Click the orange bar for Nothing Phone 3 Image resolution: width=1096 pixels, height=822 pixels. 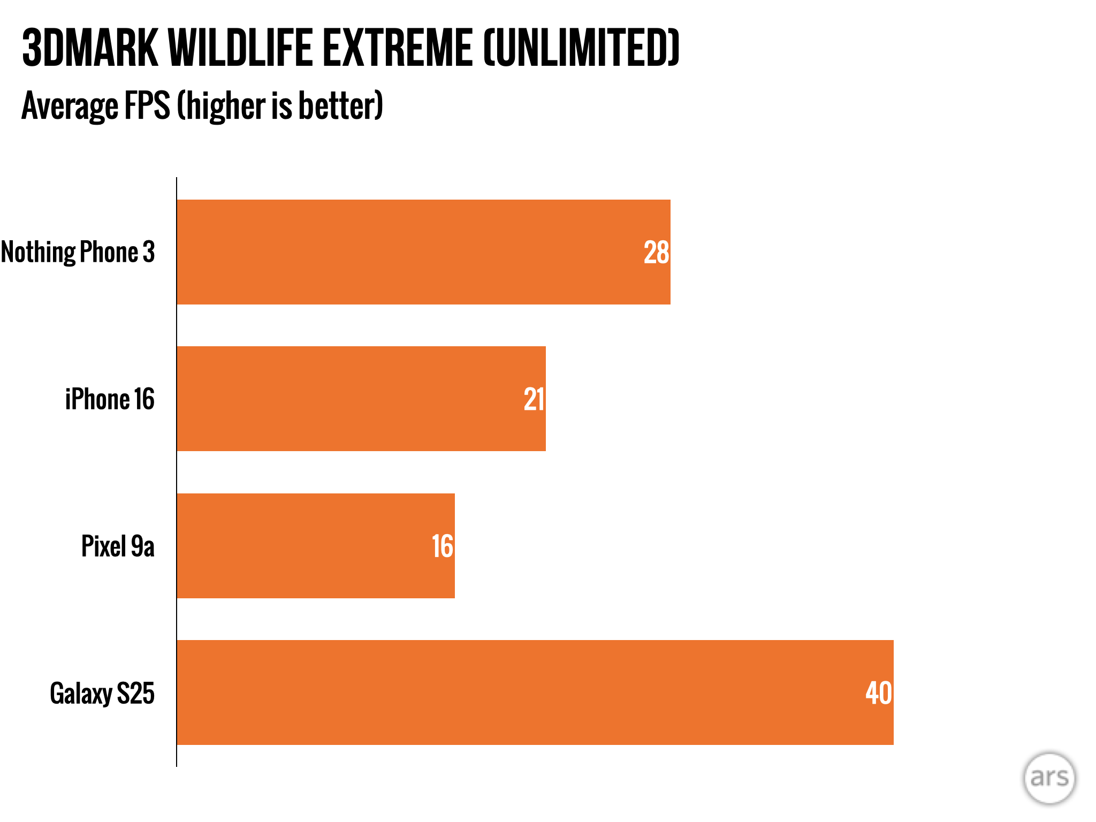point(407,252)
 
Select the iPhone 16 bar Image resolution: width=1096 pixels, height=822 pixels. point(348,399)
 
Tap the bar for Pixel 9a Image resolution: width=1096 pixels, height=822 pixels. point(305,546)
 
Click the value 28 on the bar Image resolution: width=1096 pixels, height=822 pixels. point(656,253)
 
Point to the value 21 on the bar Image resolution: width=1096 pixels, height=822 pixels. point(534,399)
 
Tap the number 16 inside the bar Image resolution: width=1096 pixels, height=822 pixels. point(443,546)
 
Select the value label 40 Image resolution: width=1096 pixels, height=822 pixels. point(879,693)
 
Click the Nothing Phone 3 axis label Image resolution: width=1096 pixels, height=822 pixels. point(78,252)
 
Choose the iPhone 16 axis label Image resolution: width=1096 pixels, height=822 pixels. point(110,399)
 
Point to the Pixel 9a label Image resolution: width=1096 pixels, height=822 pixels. point(118,546)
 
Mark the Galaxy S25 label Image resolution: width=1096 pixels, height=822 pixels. point(102,694)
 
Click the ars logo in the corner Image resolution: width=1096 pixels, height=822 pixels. point(1049,778)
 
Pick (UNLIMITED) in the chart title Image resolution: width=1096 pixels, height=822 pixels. point(581,48)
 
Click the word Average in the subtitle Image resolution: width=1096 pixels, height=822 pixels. point(70,106)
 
